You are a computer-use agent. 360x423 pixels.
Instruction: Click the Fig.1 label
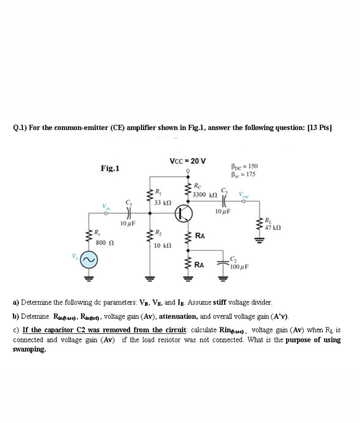pyautogui.click(x=110, y=168)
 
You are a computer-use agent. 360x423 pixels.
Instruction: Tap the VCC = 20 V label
pyautogui.click(x=188, y=161)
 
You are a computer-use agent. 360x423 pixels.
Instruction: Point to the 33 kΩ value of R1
pyautogui.click(x=163, y=202)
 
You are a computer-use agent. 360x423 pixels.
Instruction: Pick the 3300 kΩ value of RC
pyautogui.click(x=205, y=195)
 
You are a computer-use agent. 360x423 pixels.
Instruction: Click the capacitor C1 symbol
pyautogui.click(x=128, y=212)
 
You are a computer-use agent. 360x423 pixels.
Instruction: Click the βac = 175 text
pyautogui.click(x=244, y=174)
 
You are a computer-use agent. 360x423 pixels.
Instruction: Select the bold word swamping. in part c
pyautogui.click(x=29, y=350)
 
